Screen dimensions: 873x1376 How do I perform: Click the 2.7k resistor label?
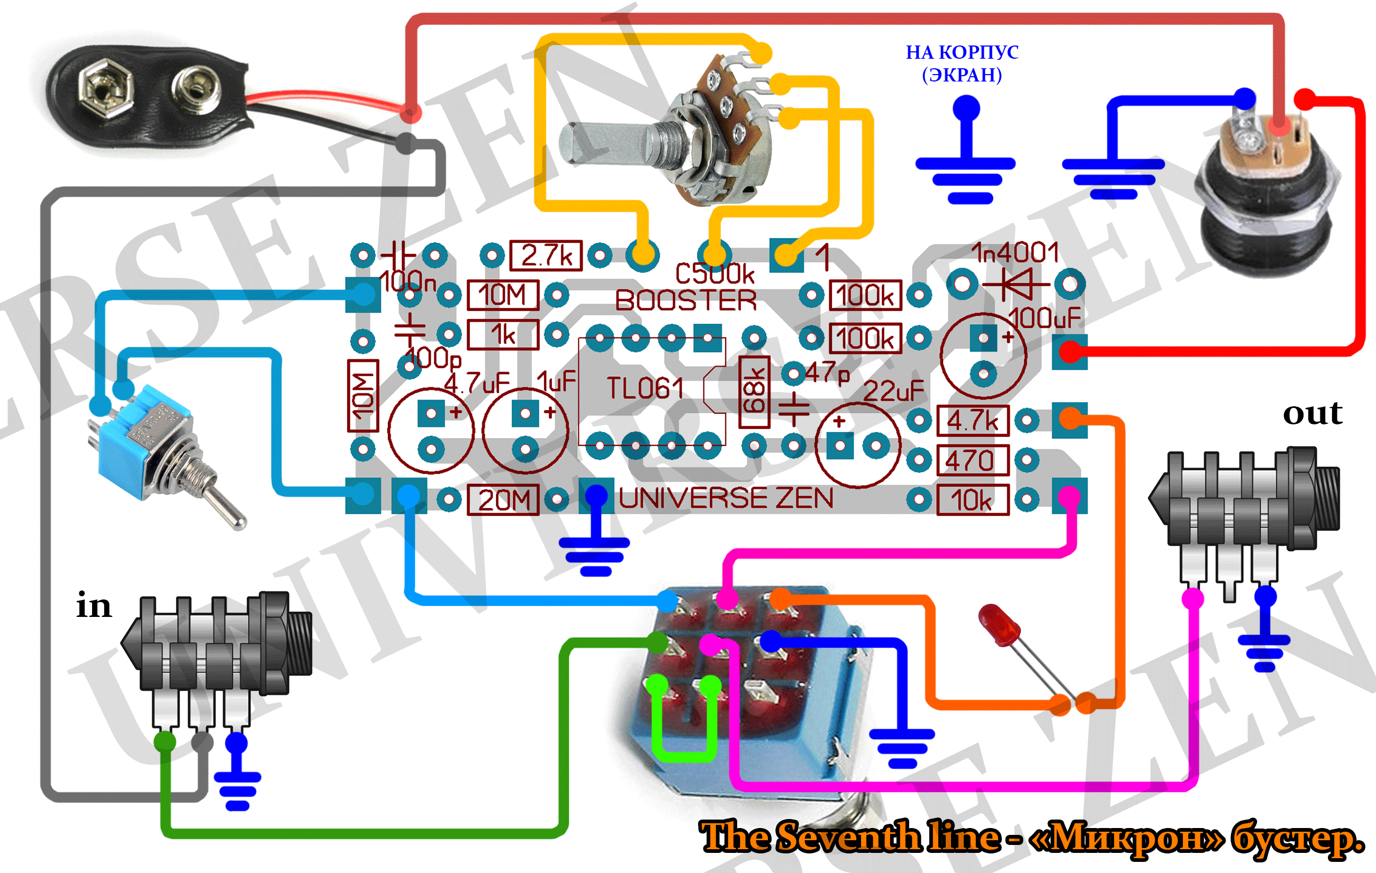[546, 256]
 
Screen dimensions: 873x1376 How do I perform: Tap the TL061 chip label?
[645, 388]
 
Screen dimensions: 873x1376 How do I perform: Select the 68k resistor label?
[754, 392]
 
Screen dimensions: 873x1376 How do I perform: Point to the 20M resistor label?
[503, 500]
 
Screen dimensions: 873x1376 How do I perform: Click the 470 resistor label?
[973, 460]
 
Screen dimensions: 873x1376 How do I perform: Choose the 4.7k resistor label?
[973, 421]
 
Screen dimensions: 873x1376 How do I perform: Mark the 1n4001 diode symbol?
[1017, 284]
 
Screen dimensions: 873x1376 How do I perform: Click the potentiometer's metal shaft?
[606, 143]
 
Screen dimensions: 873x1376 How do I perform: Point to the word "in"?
[94, 605]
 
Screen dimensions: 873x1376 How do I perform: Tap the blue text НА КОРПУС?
[962, 52]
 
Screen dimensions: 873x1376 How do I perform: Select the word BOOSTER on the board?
[686, 301]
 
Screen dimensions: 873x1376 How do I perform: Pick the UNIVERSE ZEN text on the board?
[726, 498]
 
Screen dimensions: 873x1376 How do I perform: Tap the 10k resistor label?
[973, 501]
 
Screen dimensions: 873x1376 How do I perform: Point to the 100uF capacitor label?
[1045, 318]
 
